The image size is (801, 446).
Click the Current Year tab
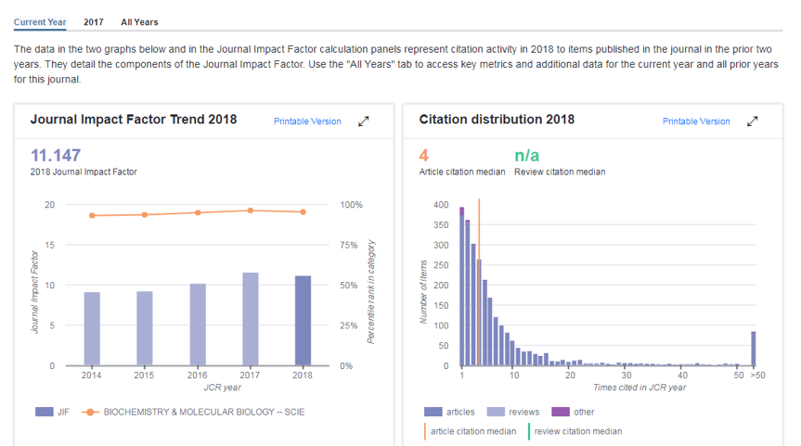[40, 21]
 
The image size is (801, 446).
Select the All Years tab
[139, 21]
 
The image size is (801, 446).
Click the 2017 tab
[93, 21]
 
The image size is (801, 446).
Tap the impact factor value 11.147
[56, 155]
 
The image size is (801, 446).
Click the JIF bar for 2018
[303, 320]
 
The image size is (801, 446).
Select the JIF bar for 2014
[92, 328]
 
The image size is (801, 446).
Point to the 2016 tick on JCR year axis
[198, 376]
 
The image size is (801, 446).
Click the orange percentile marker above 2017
[251, 210]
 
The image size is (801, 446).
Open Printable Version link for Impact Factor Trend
[307, 121]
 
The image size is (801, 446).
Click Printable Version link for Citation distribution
[696, 121]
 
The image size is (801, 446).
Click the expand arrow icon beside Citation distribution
[753, 121]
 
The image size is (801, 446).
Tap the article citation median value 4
[423, 155]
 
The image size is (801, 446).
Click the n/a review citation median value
[526, 155]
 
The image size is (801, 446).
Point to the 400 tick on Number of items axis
[441, 205]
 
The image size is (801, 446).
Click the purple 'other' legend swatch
[560, 412]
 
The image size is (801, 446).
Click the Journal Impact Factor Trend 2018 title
[134, 120]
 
